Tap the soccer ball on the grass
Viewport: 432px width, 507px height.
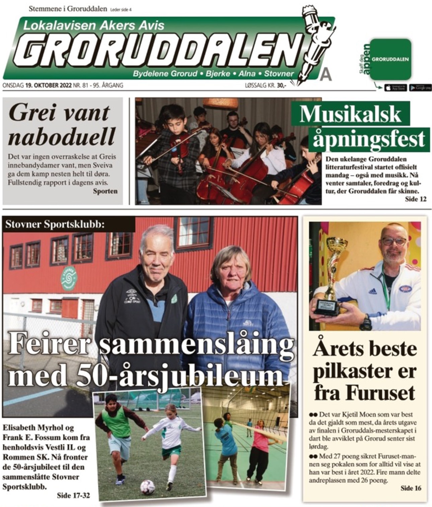click(147, 487)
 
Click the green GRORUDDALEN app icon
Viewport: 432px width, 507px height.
click(390, 59)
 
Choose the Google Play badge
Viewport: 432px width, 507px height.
click(420, 88)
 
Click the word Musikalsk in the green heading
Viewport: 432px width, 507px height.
click(350, 114)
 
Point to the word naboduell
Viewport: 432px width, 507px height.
click(61, 137)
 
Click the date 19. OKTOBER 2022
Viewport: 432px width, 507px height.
click(48, 86)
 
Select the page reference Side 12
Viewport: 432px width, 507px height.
click(416, 199)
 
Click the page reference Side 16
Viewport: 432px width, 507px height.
click(411, 488)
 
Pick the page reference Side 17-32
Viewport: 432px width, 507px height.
click(73, 495)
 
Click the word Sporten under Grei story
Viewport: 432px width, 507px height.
click(105, 191)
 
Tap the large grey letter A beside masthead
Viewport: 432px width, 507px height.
click(325, 75)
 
